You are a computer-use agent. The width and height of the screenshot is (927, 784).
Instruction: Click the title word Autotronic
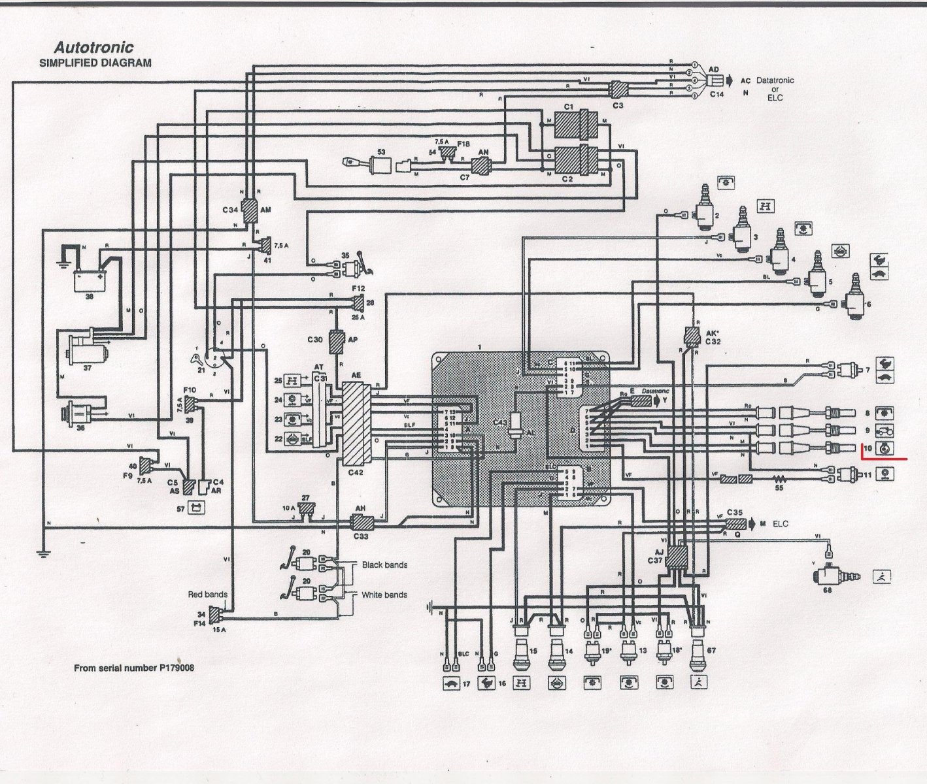[93, 48]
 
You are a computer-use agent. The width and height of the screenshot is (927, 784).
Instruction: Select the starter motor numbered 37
[87, 350]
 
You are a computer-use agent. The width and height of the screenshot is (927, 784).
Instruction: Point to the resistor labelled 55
[779, 479]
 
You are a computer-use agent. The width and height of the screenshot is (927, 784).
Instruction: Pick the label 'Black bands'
[384, 564]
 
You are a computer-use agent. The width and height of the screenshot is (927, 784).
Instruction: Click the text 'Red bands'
[207, 595]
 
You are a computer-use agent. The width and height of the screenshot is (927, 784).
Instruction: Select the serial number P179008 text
[134, 668]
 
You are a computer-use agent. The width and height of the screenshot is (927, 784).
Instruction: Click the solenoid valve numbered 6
[856, 302]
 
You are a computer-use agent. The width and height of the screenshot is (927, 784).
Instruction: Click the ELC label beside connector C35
[781, 523]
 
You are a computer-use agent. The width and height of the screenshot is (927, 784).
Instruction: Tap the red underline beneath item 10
[883, 459]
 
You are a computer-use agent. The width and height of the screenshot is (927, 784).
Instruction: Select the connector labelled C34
[249, 210]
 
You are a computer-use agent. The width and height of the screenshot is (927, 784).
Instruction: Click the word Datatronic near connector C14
[775, 80]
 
